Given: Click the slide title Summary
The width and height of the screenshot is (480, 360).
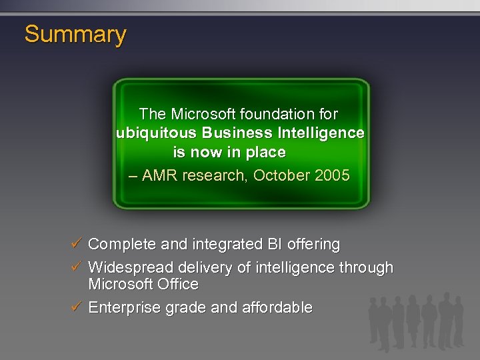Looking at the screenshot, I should pyautogui.click(x=75, y=34).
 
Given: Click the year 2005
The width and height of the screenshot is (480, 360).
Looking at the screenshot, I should pyautogui.click(x=331, y=175).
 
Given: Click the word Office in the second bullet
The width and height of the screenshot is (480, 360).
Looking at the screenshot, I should pyautogui.click(x=178, y=285).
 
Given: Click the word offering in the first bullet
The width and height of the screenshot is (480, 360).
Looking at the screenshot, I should pyautogui.click(x=313, y=245).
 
